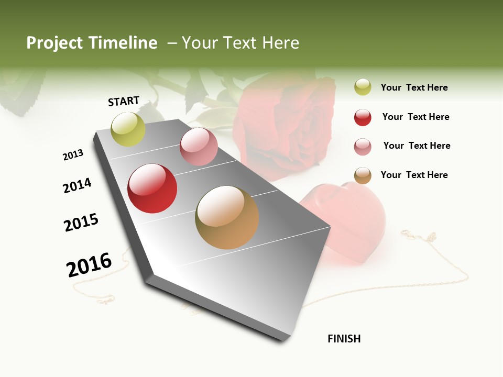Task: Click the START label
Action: pos(124,101)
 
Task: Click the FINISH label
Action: pos(344,339)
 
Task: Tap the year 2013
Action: pos(73,155)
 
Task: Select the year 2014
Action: pos(77,185)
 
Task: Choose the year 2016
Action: pos(89,265)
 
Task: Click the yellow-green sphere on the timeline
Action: pos(128,129)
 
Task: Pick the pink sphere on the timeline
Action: pos(199,146)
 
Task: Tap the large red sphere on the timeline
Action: pos(152,188)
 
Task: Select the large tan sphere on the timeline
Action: pos(227,217)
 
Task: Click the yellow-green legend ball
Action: pos(363,87)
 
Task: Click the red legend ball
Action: pos(363,117)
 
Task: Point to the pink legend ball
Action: pos(363,147)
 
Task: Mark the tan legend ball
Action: pos(363,175)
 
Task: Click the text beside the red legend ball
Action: pos(415,117)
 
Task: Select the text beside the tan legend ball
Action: pos(414,175)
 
